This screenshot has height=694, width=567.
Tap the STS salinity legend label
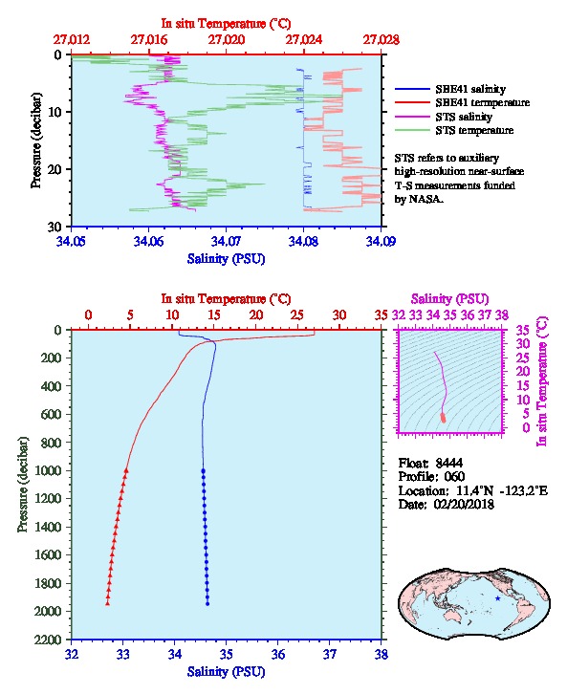point(464,117)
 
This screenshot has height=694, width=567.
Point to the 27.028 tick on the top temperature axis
point(382,40)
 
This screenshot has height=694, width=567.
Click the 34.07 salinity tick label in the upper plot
point(226,241)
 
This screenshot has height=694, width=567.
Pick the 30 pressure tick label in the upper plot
point(55,227)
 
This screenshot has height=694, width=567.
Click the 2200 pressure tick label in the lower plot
point(48,640)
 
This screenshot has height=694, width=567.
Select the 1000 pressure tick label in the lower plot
point(48,470)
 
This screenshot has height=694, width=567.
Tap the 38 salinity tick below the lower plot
point(382,654)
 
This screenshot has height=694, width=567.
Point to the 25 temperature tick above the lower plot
point(297,314)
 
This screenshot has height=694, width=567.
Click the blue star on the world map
point(498,598)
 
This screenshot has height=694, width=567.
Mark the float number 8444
point(448,463)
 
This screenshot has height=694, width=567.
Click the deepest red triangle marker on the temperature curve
point(107,603)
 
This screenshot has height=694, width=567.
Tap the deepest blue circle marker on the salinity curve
point(207,603)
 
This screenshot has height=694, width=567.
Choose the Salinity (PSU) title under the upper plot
point(226,258)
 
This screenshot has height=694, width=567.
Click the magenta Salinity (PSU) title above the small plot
point(449,299)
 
